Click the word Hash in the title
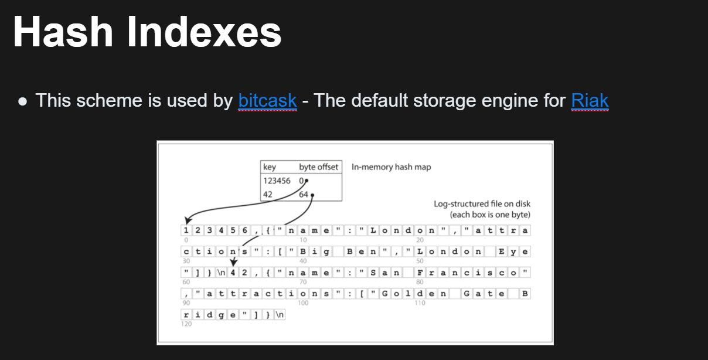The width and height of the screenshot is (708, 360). [x=63, y=32]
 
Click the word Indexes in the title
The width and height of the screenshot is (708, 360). [x=204, y=32]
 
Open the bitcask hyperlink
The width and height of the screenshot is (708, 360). [x=267, y=101]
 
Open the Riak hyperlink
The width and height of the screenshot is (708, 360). [x=590, y=101]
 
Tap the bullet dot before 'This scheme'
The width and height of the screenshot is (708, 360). [x=23, y=102]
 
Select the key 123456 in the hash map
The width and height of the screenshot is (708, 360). [x=277, y=181]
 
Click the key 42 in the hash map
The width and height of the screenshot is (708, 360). [x=268, y=195]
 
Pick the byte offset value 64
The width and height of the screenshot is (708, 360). [x=304, y=195]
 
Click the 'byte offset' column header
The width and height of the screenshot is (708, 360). [x=319, y=167]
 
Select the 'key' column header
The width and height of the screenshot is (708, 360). [x=270, y=167]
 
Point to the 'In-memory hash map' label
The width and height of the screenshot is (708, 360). [x=392, y=167]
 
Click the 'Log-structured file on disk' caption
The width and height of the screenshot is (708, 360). [x=482, y=204]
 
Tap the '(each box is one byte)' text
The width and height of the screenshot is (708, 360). [x=490, y=215]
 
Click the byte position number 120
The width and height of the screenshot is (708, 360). [x=186, y=324]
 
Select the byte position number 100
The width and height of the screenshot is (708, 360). [x=303, y=303]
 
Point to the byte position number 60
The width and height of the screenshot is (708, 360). [x=186, y=282]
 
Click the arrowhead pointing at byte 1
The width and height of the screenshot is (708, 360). [x=188, y=220]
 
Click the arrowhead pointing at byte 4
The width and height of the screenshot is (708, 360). [x=234, y=262]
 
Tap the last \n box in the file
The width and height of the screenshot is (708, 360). [x=280, y=315]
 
